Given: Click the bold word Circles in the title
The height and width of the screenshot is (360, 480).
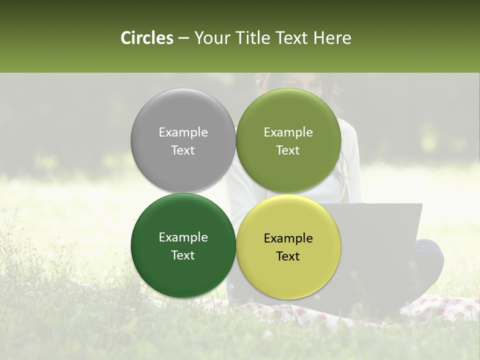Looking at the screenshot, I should (x=146, y=38).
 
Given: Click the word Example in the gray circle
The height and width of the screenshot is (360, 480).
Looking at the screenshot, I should (x=183, y=132).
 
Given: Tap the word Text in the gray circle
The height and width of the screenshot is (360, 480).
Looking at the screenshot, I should (x=183, y=150).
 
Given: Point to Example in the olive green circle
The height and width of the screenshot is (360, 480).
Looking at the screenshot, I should (x=288, y=132).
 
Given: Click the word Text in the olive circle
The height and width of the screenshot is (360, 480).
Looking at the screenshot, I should (x=288, y=150).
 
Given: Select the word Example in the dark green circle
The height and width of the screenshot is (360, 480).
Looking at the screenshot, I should (x=183, y=237).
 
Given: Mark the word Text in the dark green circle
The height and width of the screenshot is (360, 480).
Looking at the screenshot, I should (x=183, y=255).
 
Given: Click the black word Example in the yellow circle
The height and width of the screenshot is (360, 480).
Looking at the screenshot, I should (x=288, y=238).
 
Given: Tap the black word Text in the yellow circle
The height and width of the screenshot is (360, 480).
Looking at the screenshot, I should (x=288, y=256).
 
